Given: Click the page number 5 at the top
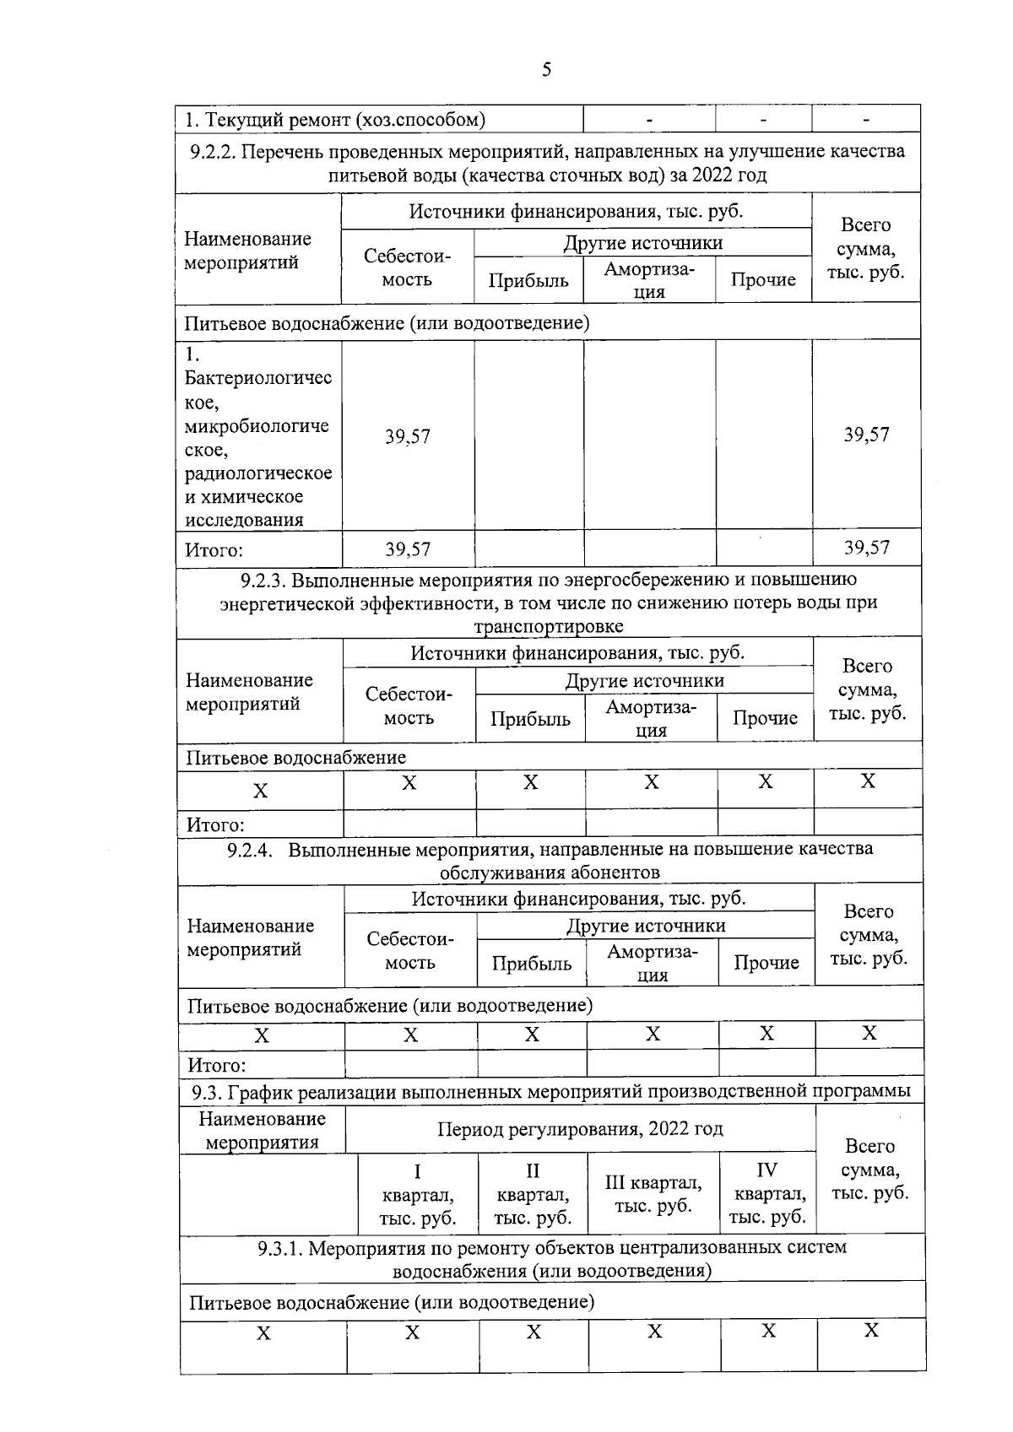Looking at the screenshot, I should coord(546,70).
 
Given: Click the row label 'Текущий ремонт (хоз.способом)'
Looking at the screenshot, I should coord(335,120).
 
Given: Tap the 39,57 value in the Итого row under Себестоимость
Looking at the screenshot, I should coord(408,549).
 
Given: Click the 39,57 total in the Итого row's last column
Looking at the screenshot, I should coord(866,548).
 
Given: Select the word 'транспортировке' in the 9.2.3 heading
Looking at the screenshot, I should coord(549,626).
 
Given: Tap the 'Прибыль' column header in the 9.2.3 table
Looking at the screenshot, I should coord(530,719).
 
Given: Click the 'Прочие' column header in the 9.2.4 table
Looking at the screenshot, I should coord(767,963).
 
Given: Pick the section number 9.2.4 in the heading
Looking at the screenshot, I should coord(250,849).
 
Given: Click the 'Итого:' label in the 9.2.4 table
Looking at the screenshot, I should coord(217,1065).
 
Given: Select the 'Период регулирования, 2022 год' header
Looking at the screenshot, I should coord(580,1129).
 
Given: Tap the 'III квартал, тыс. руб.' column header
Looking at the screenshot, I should coord(653,1194).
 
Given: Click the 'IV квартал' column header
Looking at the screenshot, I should coord(767,1193).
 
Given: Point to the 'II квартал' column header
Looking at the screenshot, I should coord(533,1194).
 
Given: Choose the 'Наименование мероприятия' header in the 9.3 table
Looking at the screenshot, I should coord(262,1131).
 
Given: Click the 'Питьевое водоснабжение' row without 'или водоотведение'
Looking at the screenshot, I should coord(295,758).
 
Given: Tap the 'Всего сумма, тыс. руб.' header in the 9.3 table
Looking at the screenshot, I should coord(869,1170).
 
